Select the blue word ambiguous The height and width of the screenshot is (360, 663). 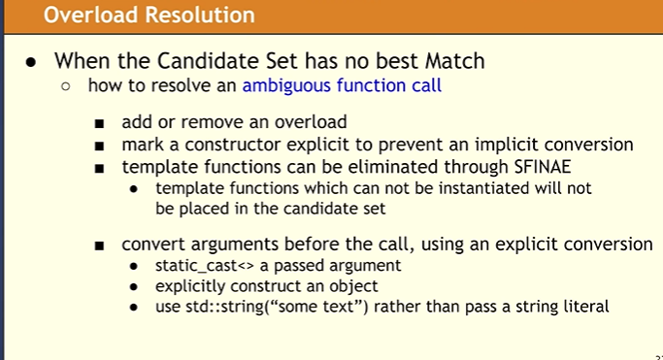click(x=289, y=85)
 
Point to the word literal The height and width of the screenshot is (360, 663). click(x=582, y=307)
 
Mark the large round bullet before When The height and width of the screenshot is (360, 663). click(x=31, y=60)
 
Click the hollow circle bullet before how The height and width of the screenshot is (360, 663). click(x=66, y=86)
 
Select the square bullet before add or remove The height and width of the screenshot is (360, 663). click(x=100, y=124)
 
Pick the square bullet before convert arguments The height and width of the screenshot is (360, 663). click(x=100, y=245)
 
